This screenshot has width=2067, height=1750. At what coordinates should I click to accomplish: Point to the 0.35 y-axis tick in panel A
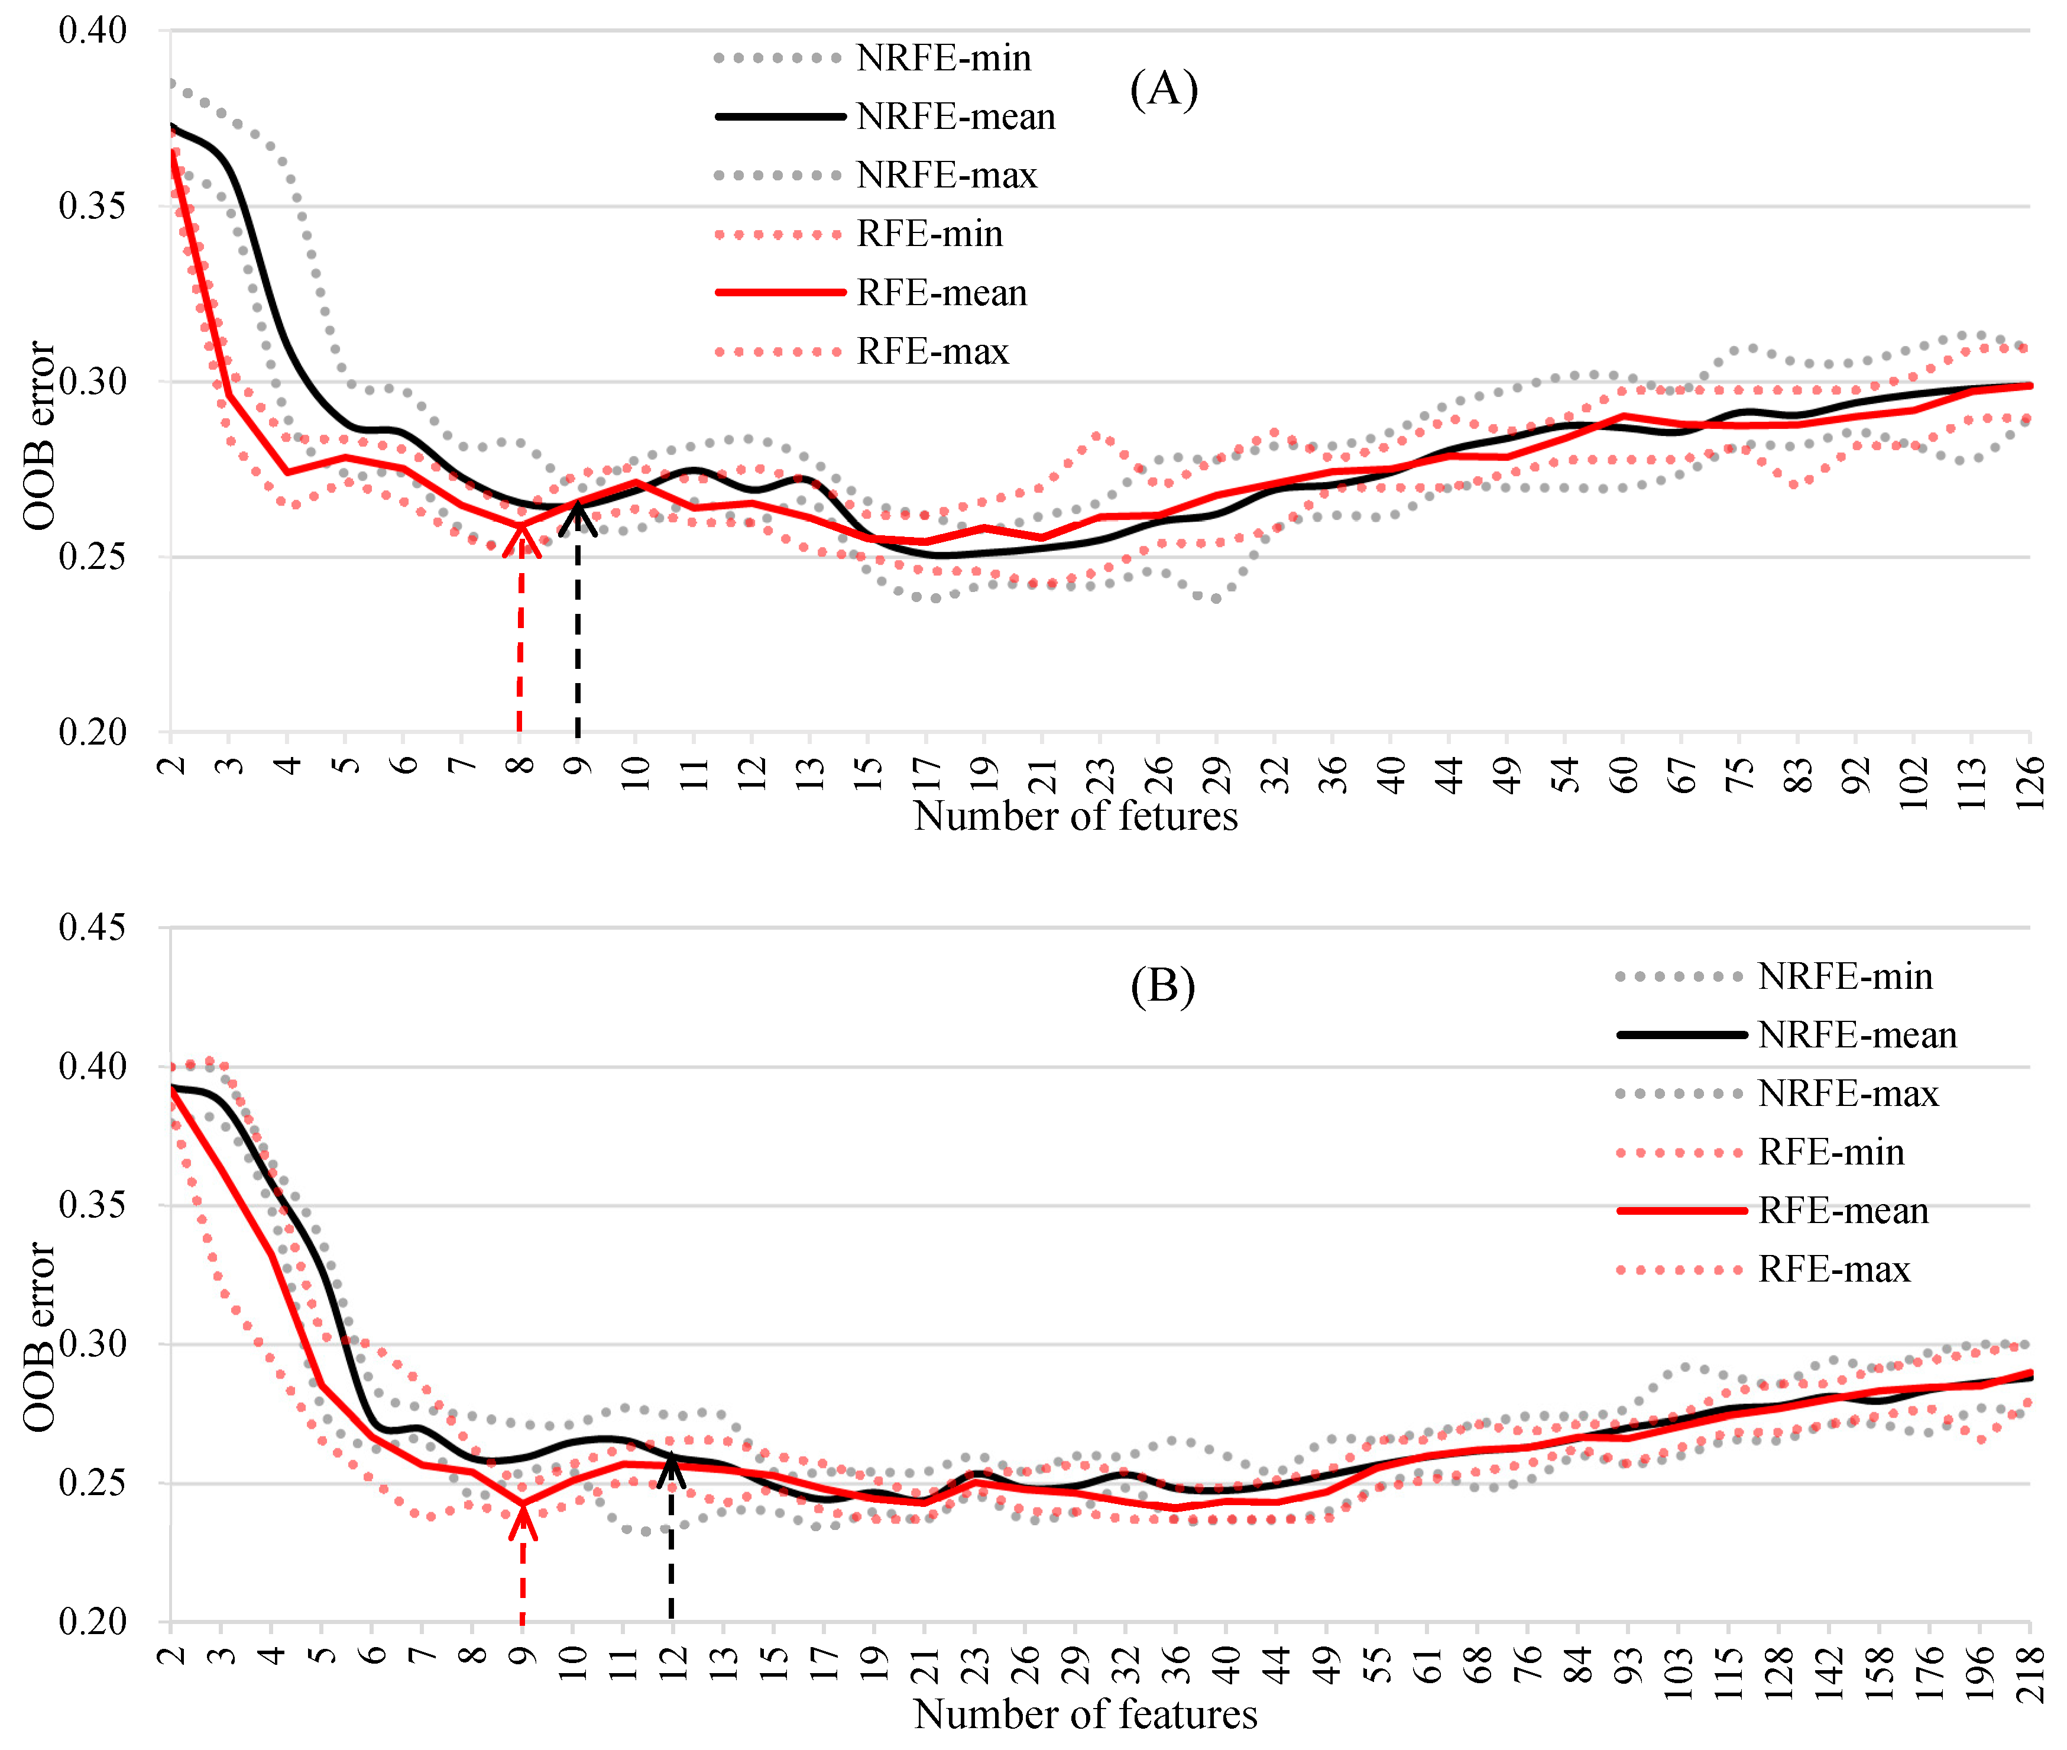tap(92, 206)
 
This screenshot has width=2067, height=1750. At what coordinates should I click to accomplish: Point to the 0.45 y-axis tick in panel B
tap(92, 927)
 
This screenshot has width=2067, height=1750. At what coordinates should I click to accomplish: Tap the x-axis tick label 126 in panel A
tap(2029, 782)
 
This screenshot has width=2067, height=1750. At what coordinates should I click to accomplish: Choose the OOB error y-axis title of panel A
tap(40, 436)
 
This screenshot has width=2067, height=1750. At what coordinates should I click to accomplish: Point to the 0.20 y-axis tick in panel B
tap(92, 1622)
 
